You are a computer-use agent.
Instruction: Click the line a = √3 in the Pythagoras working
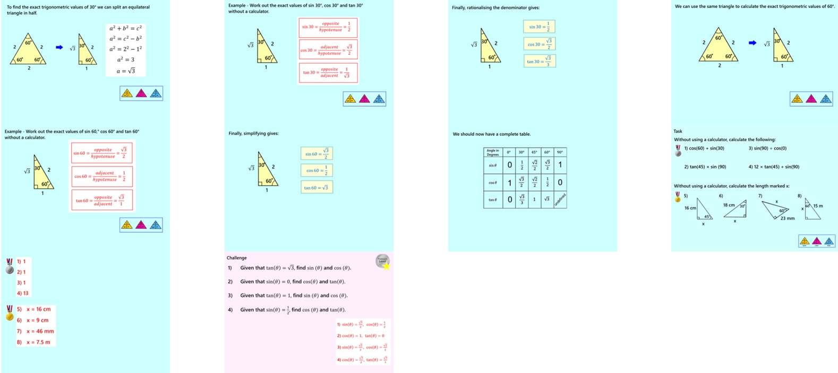(x=126, y=71)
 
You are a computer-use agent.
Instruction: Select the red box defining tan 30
(x=328, y=73)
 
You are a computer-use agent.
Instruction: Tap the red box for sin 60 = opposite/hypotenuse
(x=101, y=153)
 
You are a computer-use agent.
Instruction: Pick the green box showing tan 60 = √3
(x=317, y=187)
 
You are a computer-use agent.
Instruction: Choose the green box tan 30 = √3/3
(x=539, y=61)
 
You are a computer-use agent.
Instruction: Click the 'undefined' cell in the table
(x=560, y=199)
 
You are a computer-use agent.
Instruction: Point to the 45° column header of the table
(x=534, y=152)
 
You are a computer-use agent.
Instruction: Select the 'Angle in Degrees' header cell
(x=493, y=152)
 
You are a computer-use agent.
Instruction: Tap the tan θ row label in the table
(x=493, y=199)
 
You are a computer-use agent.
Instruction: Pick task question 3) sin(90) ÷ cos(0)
(x=767, y=149)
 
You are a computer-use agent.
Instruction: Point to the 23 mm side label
(x=787, y=218)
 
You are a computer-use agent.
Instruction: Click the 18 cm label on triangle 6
(x=729, y=205)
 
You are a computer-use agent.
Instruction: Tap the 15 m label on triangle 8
(x=818, y=206)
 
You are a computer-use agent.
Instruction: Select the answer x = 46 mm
(x=40, y=331)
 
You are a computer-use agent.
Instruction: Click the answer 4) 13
(x=23, y=293)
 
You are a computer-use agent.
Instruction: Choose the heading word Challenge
(x=237, y=258)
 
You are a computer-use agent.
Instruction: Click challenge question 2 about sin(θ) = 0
(x=290, y=282)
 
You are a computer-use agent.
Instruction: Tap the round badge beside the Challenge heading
(x=382, y=261)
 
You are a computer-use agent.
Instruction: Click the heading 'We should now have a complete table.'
(x=492, y=134)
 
